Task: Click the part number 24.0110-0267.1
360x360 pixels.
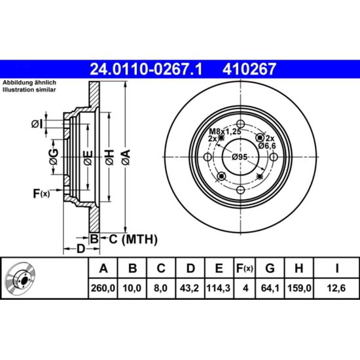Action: point(146,69)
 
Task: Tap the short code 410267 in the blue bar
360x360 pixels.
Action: point(249,69)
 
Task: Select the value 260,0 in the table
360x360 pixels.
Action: point(103,288)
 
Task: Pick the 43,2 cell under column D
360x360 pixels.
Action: point(189,288)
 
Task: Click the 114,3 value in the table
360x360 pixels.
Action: point(219,288)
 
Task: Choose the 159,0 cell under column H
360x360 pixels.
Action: point(299,288)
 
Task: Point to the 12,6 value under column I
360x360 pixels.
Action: point(336,288)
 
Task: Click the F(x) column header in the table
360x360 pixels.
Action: point(245,268)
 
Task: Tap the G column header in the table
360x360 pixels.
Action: point(270,268)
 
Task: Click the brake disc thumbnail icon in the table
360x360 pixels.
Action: point(21,278)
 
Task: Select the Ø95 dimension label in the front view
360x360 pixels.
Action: point(240,157)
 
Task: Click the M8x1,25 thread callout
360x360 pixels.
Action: point(225,132)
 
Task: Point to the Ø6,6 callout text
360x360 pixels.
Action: point(267,146)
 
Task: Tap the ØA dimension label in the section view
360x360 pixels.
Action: point(126,157)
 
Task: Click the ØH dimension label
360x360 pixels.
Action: point(110,157)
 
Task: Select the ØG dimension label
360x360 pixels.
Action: point(54,157)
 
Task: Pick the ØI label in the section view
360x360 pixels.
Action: point(37,124)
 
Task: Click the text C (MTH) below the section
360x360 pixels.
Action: point(133,240)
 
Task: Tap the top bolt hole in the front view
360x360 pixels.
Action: point(240,124)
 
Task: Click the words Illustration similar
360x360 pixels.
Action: point(29,90)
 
